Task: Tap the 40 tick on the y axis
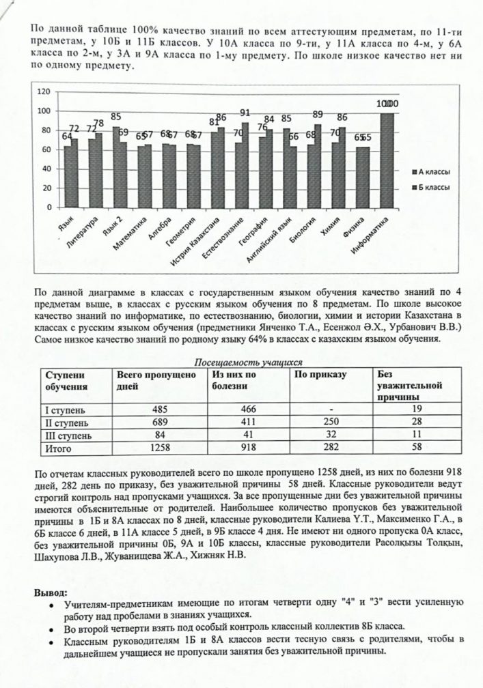click(x=46, y=169)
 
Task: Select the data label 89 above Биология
click(x=318, y=115)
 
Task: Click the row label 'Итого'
click(x=58, y=448)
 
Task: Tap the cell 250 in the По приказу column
click(x=331, y=422)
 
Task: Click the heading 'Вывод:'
click(x=51, y=592)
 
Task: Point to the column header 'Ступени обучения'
click(x=67, y=379)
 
